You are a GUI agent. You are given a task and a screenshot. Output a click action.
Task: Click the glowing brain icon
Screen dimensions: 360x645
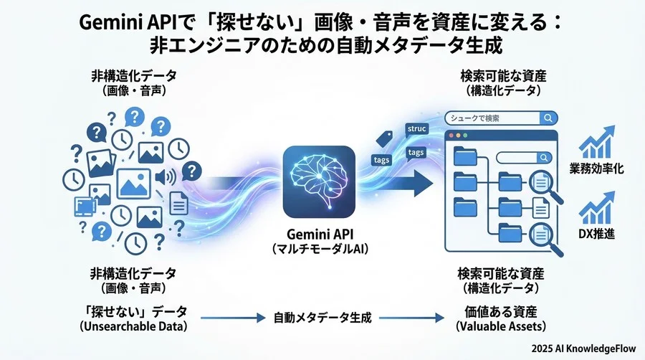pos(319,181)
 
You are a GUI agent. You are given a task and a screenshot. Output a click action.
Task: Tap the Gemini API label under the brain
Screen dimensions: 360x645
pos(319,234)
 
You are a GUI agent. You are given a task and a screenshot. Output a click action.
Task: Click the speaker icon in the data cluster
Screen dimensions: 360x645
pos(171,176)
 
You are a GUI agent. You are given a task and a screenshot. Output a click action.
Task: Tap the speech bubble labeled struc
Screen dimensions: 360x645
pos(416,128)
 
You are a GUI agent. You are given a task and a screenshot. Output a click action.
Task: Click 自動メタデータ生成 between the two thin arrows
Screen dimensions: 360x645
pos(322,318)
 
